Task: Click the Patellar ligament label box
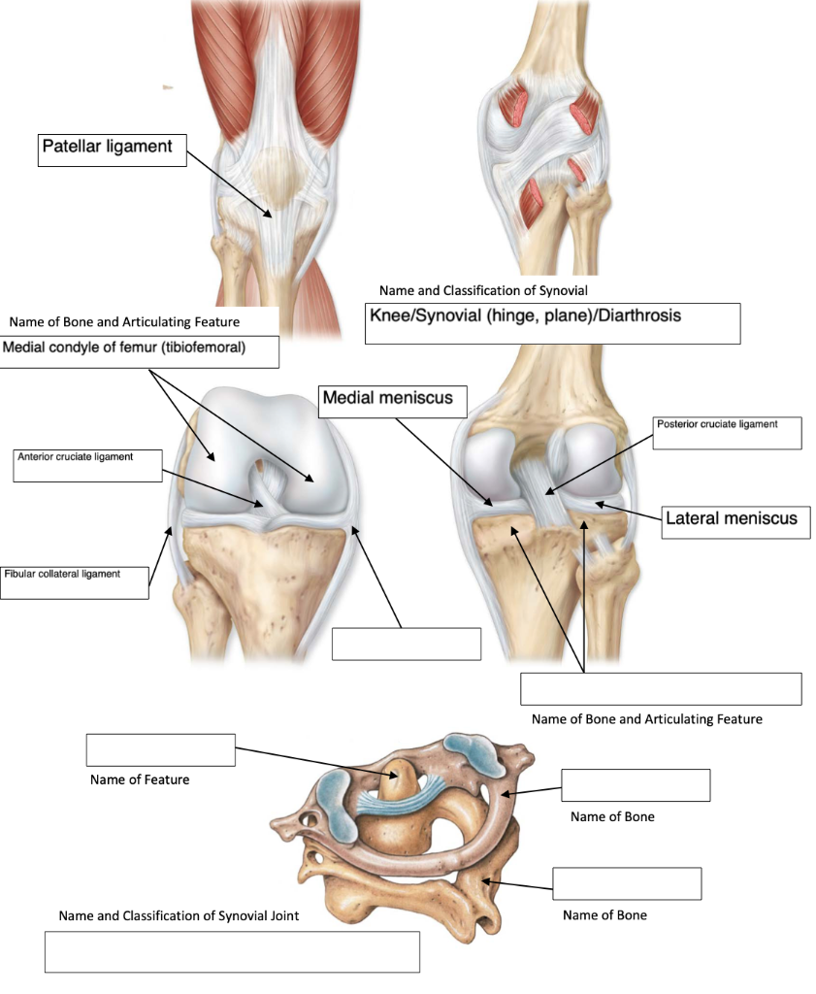coord(112,149)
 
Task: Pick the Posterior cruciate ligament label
coord(728,433)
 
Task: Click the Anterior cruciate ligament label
coord(87,465)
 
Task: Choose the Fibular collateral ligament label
coord(75,581)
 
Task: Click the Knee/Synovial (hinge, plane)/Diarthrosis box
coord(552,323)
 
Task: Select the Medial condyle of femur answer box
coord(140,350)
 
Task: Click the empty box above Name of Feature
coord(160,749)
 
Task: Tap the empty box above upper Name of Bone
coord(636,784)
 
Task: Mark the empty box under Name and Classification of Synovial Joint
coord(232,951)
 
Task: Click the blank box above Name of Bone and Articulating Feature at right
coord(661,688)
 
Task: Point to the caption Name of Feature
coord(140,779)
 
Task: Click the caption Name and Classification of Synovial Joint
coord(179,915)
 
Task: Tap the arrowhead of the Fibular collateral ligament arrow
coord(171,527)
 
